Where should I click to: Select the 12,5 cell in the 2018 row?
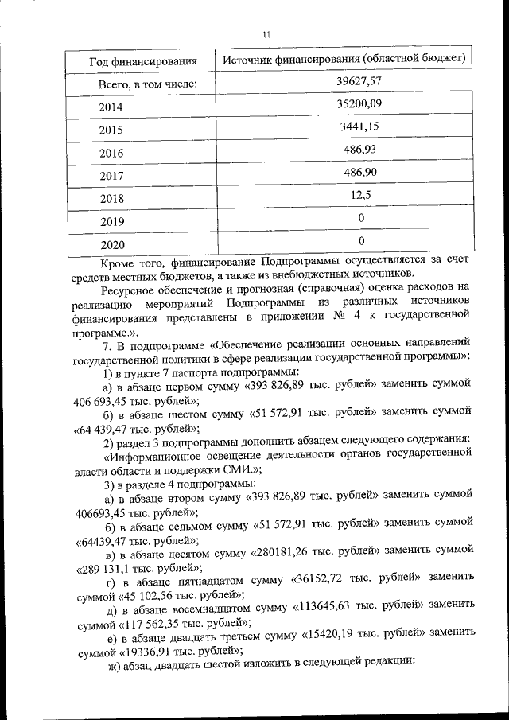[360, 195]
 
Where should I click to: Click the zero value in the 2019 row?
[361, 218]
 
